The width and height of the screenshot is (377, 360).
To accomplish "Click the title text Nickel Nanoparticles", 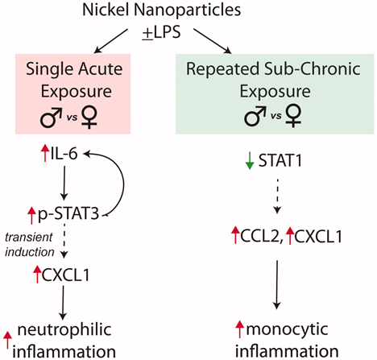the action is point(162,10).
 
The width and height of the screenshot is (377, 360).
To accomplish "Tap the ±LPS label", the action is point(162,33).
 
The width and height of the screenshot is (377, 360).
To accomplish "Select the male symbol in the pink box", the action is point(51,118).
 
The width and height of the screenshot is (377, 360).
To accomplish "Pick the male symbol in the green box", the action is point(255,116).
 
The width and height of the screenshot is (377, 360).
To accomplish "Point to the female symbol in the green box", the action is point(293,117).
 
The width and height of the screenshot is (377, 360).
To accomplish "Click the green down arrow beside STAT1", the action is point(250,160).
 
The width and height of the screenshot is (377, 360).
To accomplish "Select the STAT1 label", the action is point(280,160).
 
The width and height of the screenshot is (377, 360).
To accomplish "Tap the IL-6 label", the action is point(64,154).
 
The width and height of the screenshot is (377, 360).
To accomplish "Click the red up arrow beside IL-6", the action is point(44,153).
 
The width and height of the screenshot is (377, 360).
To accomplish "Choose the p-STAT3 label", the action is point(68,214).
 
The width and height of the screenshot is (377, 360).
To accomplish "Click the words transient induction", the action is point(30,245).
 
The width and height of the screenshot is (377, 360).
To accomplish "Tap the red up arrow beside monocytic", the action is point(239,329).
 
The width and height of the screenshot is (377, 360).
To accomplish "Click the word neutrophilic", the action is point(64,329).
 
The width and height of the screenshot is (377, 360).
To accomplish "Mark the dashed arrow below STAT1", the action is point(277,196).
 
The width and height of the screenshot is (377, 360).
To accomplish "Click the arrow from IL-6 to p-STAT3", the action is point(64,183).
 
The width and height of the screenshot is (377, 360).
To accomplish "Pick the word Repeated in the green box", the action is point(223,69).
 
